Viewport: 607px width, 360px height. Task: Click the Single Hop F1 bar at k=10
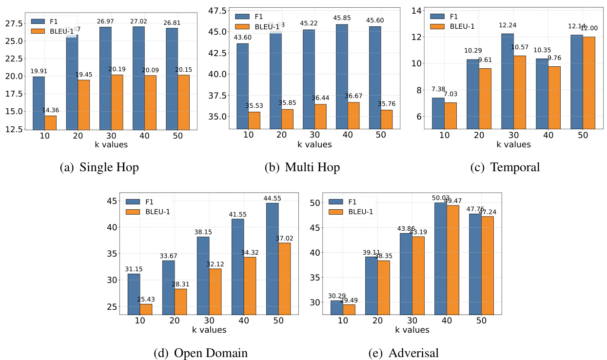point(39,103)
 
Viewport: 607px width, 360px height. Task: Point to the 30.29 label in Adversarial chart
point(336,296)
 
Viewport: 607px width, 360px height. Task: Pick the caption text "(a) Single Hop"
point(99,167)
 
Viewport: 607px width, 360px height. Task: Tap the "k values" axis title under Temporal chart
point(514,144)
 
